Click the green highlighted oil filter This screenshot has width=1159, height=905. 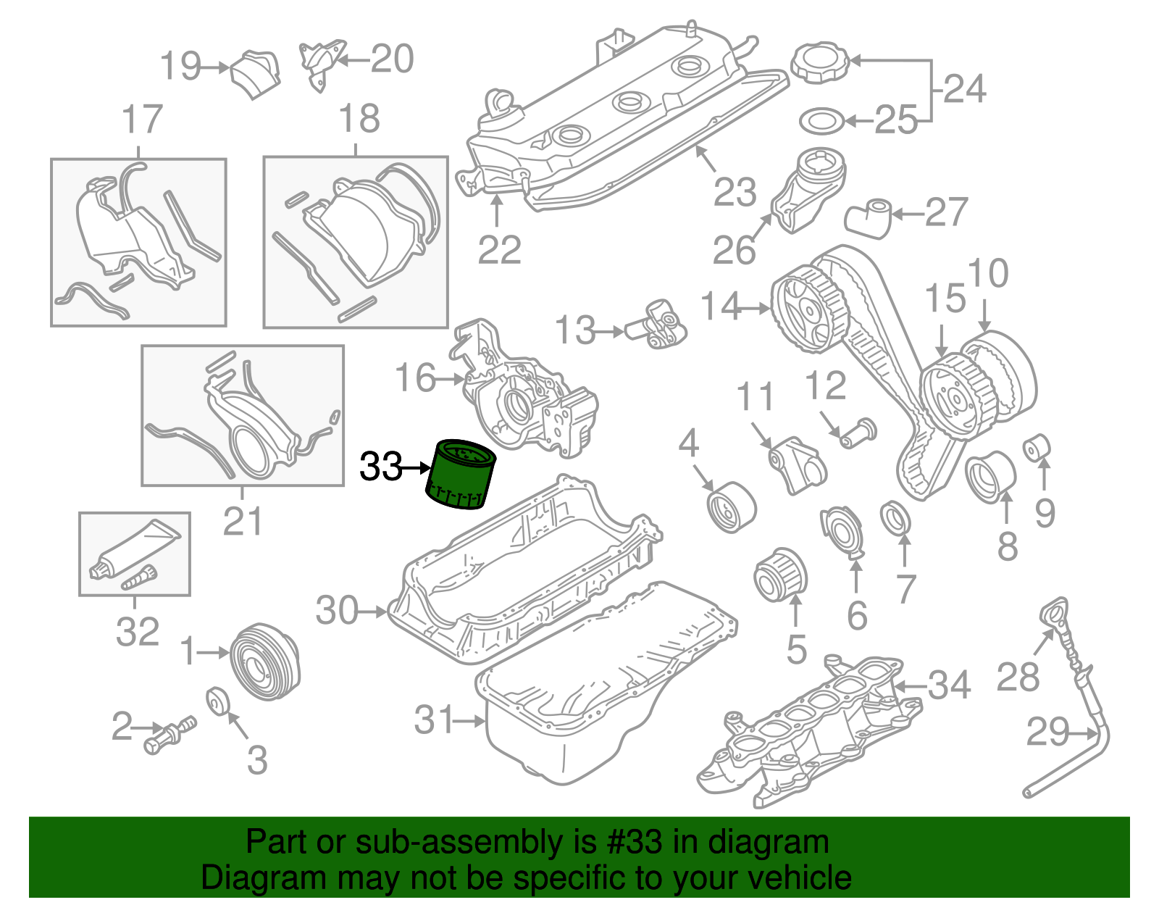[461, 475]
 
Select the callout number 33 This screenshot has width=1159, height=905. [380, 467]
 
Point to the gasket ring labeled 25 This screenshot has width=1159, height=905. [822, 122]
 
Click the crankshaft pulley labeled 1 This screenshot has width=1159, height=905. [265, 660]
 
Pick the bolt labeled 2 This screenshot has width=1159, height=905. [170, 734]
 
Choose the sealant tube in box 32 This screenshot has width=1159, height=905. [135, 549]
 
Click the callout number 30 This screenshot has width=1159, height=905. [338, 611]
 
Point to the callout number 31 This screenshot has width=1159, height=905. [434, 720]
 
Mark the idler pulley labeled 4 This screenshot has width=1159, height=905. [732, 506]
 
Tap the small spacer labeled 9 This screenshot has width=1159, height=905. [1037, 449]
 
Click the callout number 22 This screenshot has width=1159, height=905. [500, 250]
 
